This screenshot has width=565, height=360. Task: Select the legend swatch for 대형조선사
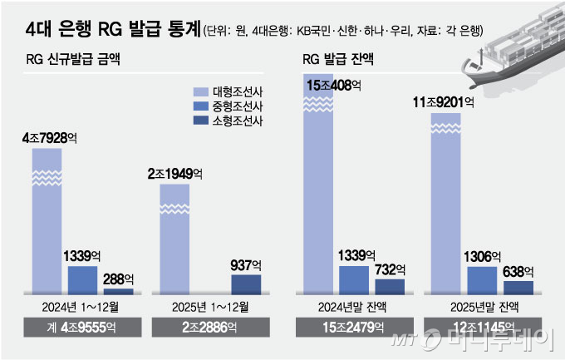click(x=199, y=91)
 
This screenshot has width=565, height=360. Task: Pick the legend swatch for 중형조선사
click(x=199, y=106)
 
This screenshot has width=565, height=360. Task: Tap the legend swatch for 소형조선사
click(x=199, y=121)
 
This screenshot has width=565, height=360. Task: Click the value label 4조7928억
click(x=47, y=137)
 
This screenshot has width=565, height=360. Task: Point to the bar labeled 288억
click(x=117, y=291)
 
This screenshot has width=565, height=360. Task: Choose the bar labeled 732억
click(x=391, y=286)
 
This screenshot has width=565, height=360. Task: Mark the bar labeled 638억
click(x=518, y=287)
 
